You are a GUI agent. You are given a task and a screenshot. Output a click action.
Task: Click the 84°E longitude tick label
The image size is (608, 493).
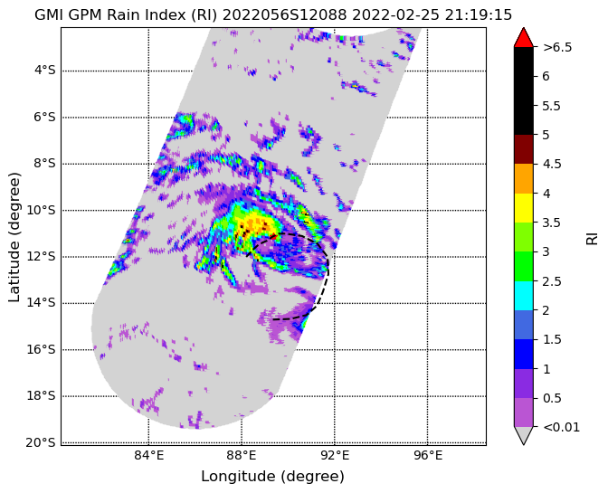[149, 455]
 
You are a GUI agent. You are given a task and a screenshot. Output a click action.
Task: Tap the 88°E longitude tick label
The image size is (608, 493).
[242, 455]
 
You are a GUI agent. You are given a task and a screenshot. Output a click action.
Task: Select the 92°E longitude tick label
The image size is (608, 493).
[335, 455]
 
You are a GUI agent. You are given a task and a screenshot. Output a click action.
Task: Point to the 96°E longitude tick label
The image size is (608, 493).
[428, 455]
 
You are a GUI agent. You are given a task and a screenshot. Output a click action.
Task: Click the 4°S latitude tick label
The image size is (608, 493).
[45, 71]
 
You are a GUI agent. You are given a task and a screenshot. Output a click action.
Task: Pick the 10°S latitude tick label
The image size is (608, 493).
[41, 211]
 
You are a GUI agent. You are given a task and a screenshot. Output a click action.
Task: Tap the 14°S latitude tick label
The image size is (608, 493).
[41, 303]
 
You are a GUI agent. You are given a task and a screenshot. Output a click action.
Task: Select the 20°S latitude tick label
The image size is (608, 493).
[41, 442]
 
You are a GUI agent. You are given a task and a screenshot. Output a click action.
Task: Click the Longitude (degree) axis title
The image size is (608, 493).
[272, 477]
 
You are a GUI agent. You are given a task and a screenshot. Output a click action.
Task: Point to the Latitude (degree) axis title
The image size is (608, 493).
[14, 237]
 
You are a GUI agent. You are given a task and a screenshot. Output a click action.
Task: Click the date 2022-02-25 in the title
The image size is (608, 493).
[395, 15]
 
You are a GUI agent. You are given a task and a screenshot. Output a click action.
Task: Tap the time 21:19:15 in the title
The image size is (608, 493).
[479, 15]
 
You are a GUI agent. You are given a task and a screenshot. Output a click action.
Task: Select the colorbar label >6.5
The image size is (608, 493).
[557, 48]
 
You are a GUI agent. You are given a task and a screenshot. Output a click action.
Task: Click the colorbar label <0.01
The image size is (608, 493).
[562, 428]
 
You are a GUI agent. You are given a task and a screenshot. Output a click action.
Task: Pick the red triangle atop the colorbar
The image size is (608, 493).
[524, 38]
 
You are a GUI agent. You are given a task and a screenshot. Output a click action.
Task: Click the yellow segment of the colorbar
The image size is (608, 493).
[524, 208]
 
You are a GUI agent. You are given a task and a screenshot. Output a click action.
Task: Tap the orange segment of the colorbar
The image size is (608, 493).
[524, 179]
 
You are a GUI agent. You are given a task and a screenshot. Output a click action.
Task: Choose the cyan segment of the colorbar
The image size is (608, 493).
[524, 296]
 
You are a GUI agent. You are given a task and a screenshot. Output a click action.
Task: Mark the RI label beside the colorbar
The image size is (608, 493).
[592, 237]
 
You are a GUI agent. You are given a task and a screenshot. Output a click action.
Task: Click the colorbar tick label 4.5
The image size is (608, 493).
[552, 165]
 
